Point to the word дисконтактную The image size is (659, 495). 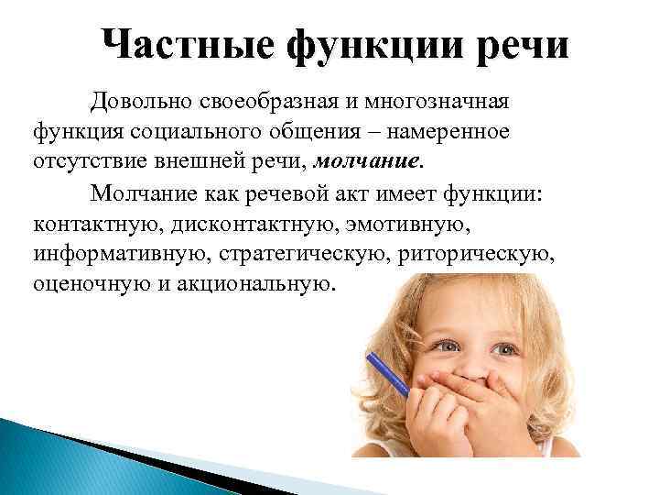[x=250, y=223]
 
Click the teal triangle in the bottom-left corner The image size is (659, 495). [x=37, y=458]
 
